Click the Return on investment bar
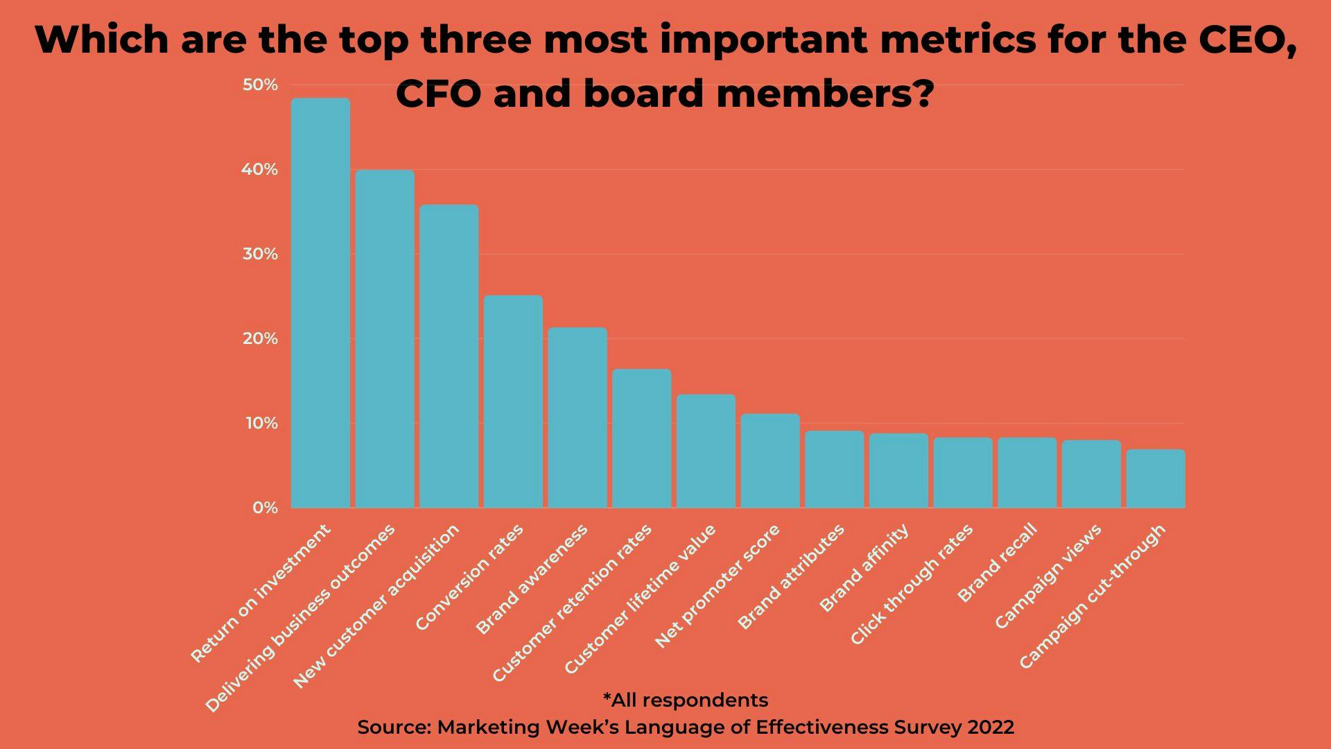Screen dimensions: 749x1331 [x=320, y=303]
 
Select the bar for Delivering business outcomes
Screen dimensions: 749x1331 [x=385, y=339]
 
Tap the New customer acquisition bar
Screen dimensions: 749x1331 [x=449, y=356]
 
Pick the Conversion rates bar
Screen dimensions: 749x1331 [x=513, y=402]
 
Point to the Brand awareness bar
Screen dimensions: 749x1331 [x=577, y=417]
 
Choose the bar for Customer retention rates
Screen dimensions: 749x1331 [x=641, y=438]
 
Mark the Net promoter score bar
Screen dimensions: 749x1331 [x=770, y=461]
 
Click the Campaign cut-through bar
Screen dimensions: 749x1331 [x=1156, y=479]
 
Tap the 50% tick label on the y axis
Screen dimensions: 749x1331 [x=260, y=85]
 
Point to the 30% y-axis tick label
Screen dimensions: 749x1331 [x=260, y=255]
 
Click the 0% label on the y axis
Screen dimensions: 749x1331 [x=264, y=508]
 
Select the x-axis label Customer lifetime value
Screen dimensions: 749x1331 [x=640, y=600]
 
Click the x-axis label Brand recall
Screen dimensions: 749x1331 [x=998, y=562]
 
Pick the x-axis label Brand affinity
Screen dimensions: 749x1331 [x=864, y=568]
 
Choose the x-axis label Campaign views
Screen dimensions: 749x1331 [x=1048, y=576]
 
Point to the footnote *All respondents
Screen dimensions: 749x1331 [x=686, y=700]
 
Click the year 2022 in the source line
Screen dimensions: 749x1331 [x=991, y=727]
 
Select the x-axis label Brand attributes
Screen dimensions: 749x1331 [x=792, y=576]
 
